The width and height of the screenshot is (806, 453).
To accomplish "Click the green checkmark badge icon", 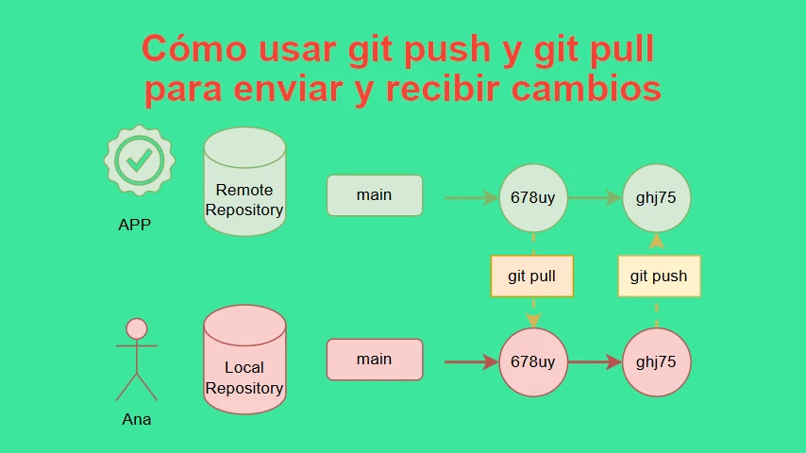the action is (140, 160).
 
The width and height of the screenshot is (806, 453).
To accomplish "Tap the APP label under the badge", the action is (135, 225).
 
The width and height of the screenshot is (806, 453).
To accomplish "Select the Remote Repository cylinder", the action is (244, 181).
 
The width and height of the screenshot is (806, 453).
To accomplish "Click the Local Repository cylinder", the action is (244, 360).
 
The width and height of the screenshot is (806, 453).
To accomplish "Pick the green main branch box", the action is (375, 195).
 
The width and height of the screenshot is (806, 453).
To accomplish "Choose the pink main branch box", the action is (375, 360).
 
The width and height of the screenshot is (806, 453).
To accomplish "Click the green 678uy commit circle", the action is (533, 198).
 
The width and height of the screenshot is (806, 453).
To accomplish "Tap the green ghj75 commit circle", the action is (657, 198).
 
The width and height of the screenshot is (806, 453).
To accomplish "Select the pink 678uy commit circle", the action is (533, 362).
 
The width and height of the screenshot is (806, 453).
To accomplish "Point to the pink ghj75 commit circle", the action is (657, 362).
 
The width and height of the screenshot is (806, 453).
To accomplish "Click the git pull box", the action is (532, 277).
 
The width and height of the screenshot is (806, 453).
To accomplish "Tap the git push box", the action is (659, 277).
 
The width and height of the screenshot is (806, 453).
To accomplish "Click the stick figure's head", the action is (137, 329).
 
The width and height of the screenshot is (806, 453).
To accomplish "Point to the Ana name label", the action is (137, 420).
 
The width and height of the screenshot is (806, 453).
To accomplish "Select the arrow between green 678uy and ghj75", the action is (596, 198).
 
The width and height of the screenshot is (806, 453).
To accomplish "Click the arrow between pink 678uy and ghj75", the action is (596, 362).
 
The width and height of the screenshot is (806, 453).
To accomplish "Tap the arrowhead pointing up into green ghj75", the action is (657, 242).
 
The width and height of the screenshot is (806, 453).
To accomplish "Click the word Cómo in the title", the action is (194, 49).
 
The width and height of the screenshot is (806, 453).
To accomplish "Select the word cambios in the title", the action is (586, 89).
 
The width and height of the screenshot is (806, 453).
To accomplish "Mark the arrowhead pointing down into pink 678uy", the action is (533, 320).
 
